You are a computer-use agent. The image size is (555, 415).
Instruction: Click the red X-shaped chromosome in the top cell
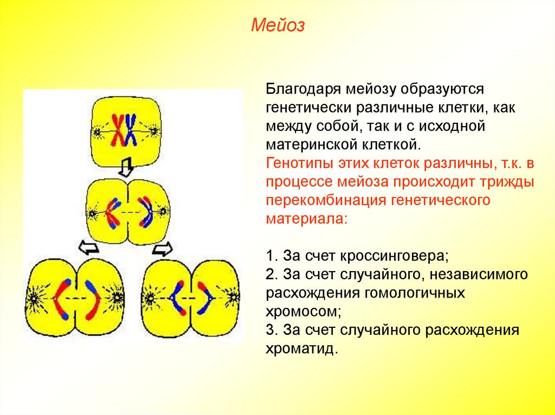point(118,130)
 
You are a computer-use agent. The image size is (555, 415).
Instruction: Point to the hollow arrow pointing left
point(88,247)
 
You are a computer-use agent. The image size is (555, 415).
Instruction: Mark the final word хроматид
point(301,349)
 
